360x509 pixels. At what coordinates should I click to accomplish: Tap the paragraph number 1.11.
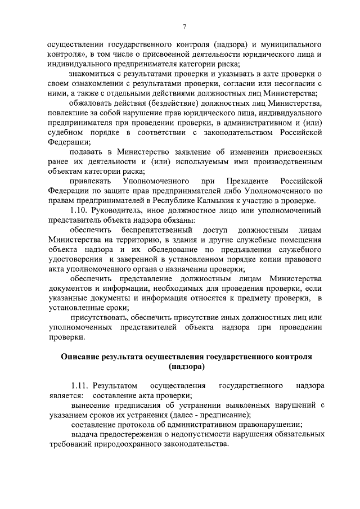click(x=80, y=386)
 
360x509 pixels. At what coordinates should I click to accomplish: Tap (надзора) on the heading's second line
click(x=186, y=367)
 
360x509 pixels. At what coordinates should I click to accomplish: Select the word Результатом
click(x=115, y=386)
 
